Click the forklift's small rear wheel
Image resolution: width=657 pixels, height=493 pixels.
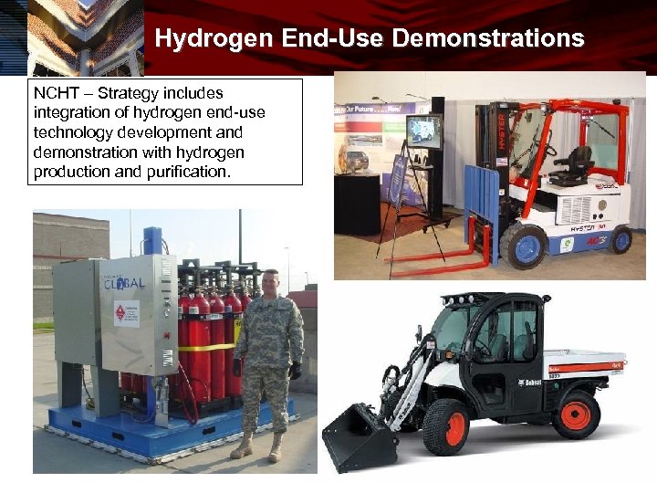tap(621, 239)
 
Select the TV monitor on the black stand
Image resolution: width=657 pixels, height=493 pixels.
tap(423, 131)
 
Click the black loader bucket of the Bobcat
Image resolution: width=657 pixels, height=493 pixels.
tap(359, 439)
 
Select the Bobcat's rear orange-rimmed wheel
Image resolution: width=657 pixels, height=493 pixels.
tap(577, 413)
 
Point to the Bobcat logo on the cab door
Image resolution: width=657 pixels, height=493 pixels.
tap(530, 382)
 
